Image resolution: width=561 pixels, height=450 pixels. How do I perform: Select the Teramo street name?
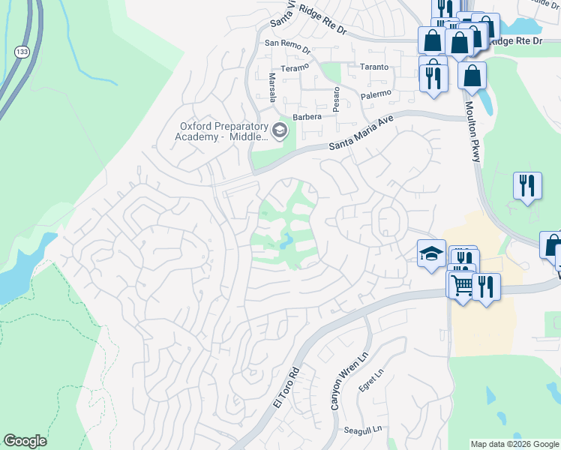(295, 68)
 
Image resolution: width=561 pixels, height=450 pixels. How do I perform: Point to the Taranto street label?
(373, 67)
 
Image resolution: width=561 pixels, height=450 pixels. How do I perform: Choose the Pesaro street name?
(337, 97)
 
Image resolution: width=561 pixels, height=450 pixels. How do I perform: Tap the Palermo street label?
(376, 94)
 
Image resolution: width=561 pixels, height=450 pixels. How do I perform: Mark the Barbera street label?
(307, 117)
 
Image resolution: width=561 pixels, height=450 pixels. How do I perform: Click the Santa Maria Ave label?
(361, 136)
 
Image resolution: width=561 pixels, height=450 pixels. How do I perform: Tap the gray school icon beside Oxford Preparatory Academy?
(280, 131)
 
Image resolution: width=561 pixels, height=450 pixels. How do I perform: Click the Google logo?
(25, 441)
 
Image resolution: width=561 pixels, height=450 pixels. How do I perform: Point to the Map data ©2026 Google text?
(514, 444)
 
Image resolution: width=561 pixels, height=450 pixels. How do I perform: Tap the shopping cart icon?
(462, 284)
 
